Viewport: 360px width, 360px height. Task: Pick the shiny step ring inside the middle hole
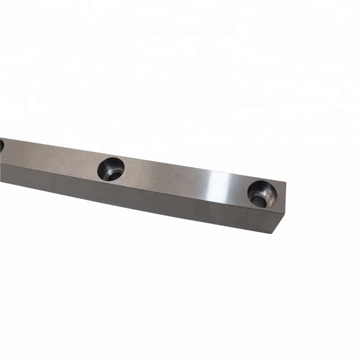[x=116, y=172]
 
